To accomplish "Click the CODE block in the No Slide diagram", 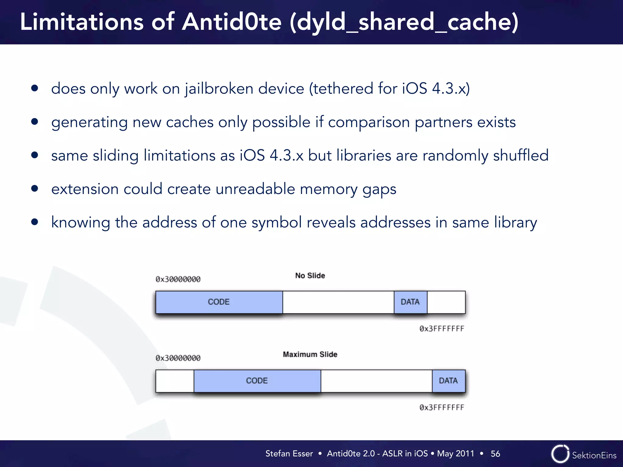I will point(219,302).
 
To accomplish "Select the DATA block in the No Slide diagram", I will point(410,302).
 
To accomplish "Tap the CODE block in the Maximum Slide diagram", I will point(257,381).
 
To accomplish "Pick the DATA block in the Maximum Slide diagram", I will point(448,381).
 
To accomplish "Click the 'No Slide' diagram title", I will point(310,275).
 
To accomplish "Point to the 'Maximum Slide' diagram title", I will point(310,354).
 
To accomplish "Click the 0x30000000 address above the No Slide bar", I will point(178,279).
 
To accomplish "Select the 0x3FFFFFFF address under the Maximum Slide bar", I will point(442,407).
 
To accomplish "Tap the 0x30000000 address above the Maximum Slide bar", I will point(178,358).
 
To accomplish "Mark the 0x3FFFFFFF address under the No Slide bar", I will point(442,329).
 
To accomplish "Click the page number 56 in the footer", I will point(495,454).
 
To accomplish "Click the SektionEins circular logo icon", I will point(560,454).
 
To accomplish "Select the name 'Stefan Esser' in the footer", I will point(289,454).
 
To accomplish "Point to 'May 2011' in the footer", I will point(455,454).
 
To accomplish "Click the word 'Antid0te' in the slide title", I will point(232,22).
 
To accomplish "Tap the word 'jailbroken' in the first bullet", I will point(219,89).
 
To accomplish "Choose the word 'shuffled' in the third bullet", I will point(521,155).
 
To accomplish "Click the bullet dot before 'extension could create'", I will point(35,189).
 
